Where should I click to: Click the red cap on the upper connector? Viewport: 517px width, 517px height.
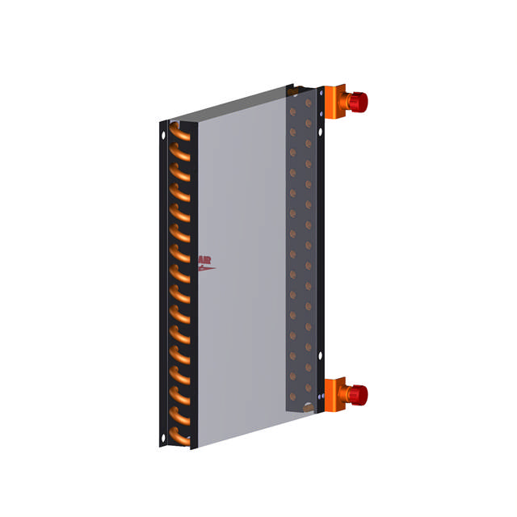point(359,101)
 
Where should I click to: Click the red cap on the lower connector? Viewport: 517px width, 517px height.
point(359,394)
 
